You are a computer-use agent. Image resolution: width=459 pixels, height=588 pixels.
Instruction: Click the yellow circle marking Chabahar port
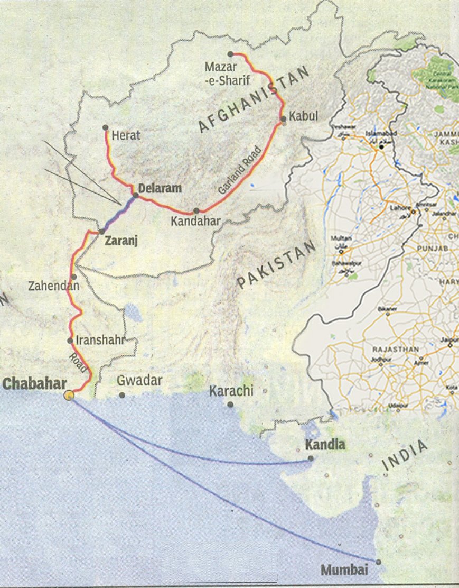[69, 395]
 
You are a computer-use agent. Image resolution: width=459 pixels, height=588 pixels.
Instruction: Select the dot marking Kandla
[311, 458]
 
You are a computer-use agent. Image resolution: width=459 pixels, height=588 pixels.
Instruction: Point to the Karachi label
[231, 391]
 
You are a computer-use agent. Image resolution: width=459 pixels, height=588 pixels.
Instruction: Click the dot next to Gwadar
[122, 395]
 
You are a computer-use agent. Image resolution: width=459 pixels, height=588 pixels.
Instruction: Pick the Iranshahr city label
[100, 341]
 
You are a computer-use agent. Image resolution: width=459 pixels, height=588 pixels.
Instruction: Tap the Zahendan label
[54, 286]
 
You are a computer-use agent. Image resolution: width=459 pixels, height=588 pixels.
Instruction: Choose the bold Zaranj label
[121, 241]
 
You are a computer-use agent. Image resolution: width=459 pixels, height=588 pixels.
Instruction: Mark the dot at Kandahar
[196, 210]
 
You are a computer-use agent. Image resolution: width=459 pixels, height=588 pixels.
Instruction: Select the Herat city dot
[106, 127]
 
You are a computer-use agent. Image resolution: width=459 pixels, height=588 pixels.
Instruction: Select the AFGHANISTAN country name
[253, 101]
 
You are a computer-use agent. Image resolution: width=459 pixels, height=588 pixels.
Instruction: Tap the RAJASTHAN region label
[396, 350]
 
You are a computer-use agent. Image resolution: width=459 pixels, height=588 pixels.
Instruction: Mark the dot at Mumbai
[378, 562]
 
